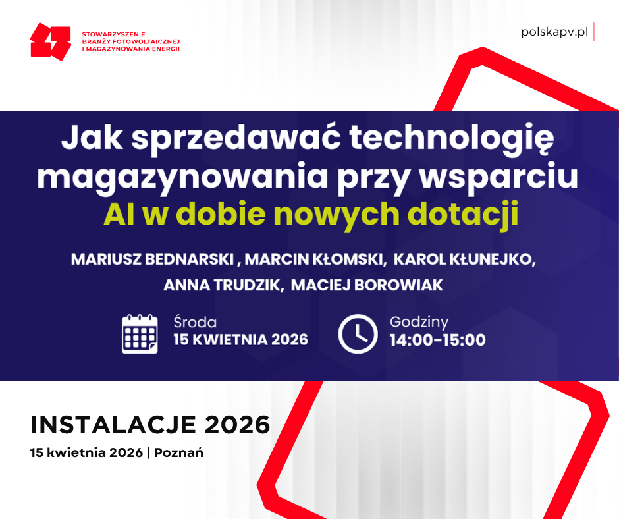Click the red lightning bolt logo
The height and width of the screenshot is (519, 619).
[51, 41]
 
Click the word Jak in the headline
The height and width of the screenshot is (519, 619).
[88, 140]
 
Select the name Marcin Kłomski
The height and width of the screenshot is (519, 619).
[315, 259]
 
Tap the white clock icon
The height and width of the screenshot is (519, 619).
[358, 334]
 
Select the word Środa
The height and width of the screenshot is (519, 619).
[195, 323]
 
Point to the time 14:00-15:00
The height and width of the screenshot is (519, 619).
[437, 340]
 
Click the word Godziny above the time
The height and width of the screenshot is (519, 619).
[419, 322]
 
